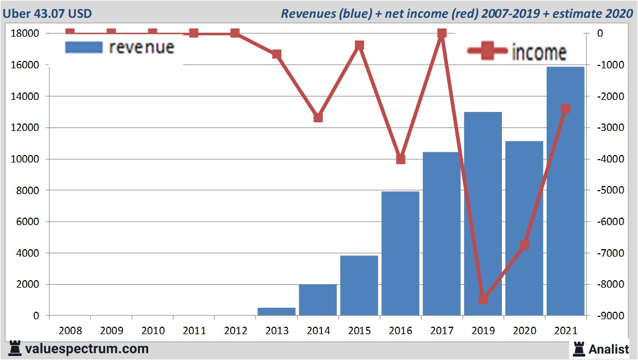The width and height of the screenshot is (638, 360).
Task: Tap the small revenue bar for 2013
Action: click(276, 311)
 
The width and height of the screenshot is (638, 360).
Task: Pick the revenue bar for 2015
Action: click(359, 285)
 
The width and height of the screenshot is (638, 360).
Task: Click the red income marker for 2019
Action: click(483, 299)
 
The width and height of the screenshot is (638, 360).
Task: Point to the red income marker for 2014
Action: click(318, 117)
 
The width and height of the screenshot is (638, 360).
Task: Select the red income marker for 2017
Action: click(442, 34)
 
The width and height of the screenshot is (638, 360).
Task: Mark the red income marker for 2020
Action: click(524, 245)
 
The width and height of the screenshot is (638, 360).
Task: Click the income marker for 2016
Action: click(401, 159)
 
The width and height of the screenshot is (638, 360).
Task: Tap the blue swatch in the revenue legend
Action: click(84, 47)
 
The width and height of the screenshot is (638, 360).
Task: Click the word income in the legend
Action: click(538, 52)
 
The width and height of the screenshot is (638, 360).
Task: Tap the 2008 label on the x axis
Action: click(70, 331)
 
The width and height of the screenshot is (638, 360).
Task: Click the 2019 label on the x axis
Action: click(483, 331)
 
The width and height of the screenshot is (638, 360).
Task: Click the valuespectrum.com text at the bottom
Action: click(87, 349)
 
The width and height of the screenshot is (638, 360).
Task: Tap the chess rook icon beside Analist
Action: click(578, 349)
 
